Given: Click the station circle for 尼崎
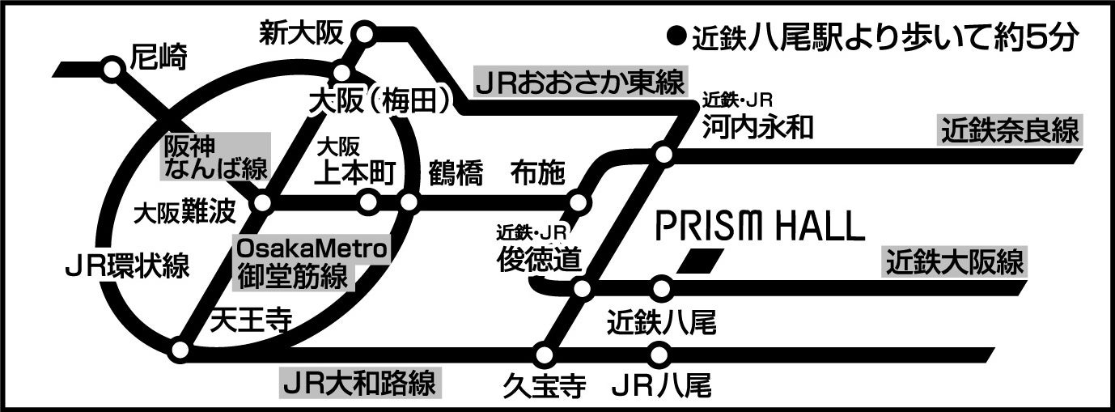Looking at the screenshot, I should pyautogui.click(x=112, y=70).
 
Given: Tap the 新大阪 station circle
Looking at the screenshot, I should pyautogui.click(x=364, y=34).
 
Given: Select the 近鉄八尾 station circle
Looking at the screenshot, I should pyautogui.click(x=661, y=287).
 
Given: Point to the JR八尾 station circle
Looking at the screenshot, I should pyautogui.click(x=661, y=354).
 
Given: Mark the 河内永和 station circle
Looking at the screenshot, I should pyautogui.click(x=663, y=154).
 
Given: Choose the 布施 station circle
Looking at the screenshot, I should pyautogui.click(x=578, y=202).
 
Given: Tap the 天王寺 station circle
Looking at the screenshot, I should pyautogui.click(x=180, y=351).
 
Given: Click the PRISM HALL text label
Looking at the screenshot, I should pyautogui.click(x=760, y=227).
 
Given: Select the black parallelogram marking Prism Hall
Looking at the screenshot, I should pyautogui.click(x=698, y=261).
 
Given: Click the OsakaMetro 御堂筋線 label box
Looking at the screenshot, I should pyautogui.click(x=312, y=261).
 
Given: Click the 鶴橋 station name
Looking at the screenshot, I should pyautogui.click(x=456, y=173).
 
